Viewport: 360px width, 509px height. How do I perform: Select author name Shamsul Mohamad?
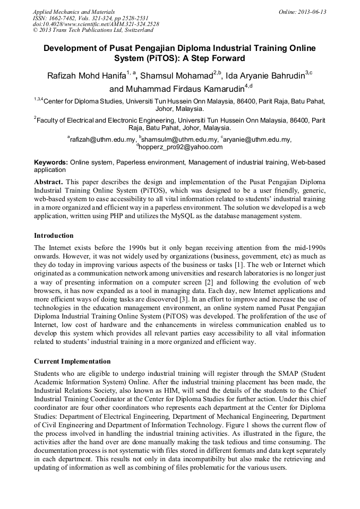pyautogui.click(x=177, y=77)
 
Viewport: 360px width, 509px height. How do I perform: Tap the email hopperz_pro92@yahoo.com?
pyautogui.click(x=181, y=147)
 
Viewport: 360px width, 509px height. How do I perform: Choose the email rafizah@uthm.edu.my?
pyautogui.click(x=102, y=140)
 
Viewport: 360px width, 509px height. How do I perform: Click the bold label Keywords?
pyautogui.click(x=51, y=162)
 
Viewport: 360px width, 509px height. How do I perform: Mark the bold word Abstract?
pyautogui.click(x=48, y=182)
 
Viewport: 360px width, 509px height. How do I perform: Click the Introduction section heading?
pyautogui.click(x=54, y=235)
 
